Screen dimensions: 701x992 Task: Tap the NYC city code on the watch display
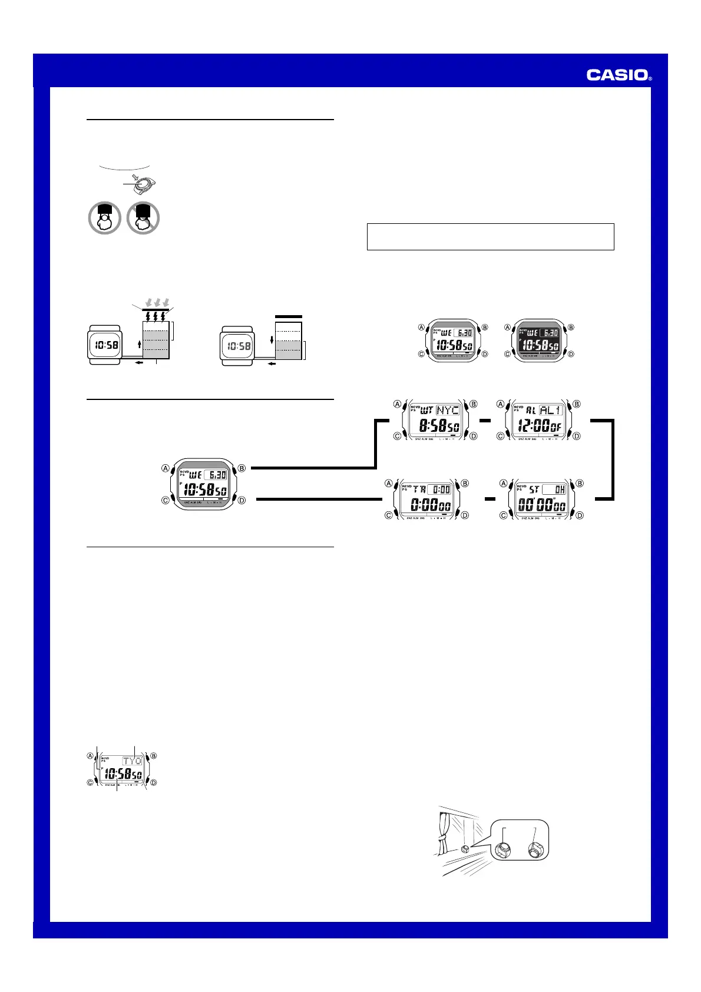click(x=448, y=410)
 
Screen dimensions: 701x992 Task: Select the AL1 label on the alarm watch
click(x=551, y=410)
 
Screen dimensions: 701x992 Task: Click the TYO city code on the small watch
click(x=133, y=760)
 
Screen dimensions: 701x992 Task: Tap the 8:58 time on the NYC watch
click(x=432, y=425)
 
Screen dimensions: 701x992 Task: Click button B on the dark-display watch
click(x=570, y=328)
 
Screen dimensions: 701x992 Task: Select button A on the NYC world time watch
click(x=397, y=404)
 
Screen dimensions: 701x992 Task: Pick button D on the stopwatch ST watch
click(x=580, y=515)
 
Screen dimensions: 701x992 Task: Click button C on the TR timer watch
click(x=388, y=515)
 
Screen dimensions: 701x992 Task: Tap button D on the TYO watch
click(x=153, y=783)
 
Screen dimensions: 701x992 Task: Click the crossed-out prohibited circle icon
click(x=143, y=217)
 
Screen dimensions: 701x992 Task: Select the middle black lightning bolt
click(x=156, y=315)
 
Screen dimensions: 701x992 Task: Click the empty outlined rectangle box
click(x=490, y=236)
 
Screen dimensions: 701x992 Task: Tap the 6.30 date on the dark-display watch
click(x=551, y=333)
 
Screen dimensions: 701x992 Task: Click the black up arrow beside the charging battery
click(x=139, y=343)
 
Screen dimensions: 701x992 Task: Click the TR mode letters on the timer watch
click(x=419, y=490)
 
